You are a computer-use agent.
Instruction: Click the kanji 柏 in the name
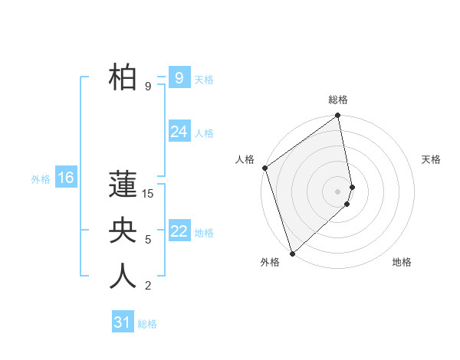pos(123,79)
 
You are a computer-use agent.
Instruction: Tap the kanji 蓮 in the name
pos(123,187)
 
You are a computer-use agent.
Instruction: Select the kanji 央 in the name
pos(123,231)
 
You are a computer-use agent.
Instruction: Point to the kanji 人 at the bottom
pos(123,277)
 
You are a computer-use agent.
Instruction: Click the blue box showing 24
pos(179,132)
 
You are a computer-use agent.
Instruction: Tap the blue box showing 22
pos(179,231)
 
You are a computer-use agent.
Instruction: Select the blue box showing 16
pos(65,178)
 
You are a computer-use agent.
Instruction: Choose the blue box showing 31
pos(122,322)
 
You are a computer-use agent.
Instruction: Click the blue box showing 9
pos(179,77)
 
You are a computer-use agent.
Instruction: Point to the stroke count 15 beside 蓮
pos(148,195)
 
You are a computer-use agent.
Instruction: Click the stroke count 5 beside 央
pos(148,240)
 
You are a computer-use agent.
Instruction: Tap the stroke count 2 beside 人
pos(148,286)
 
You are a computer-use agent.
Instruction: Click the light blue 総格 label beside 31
pos(147,324)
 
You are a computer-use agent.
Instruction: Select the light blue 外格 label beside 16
pos(41,179)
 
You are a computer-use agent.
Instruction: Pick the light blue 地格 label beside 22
pos(204,232)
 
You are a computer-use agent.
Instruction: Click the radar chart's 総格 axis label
pos(337,100)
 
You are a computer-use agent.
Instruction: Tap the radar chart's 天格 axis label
pos(432,159)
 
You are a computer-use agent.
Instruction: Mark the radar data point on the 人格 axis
pos(264,168)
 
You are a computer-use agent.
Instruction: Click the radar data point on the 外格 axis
pos(292,253)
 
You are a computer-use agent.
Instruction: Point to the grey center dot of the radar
pos(337,191)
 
